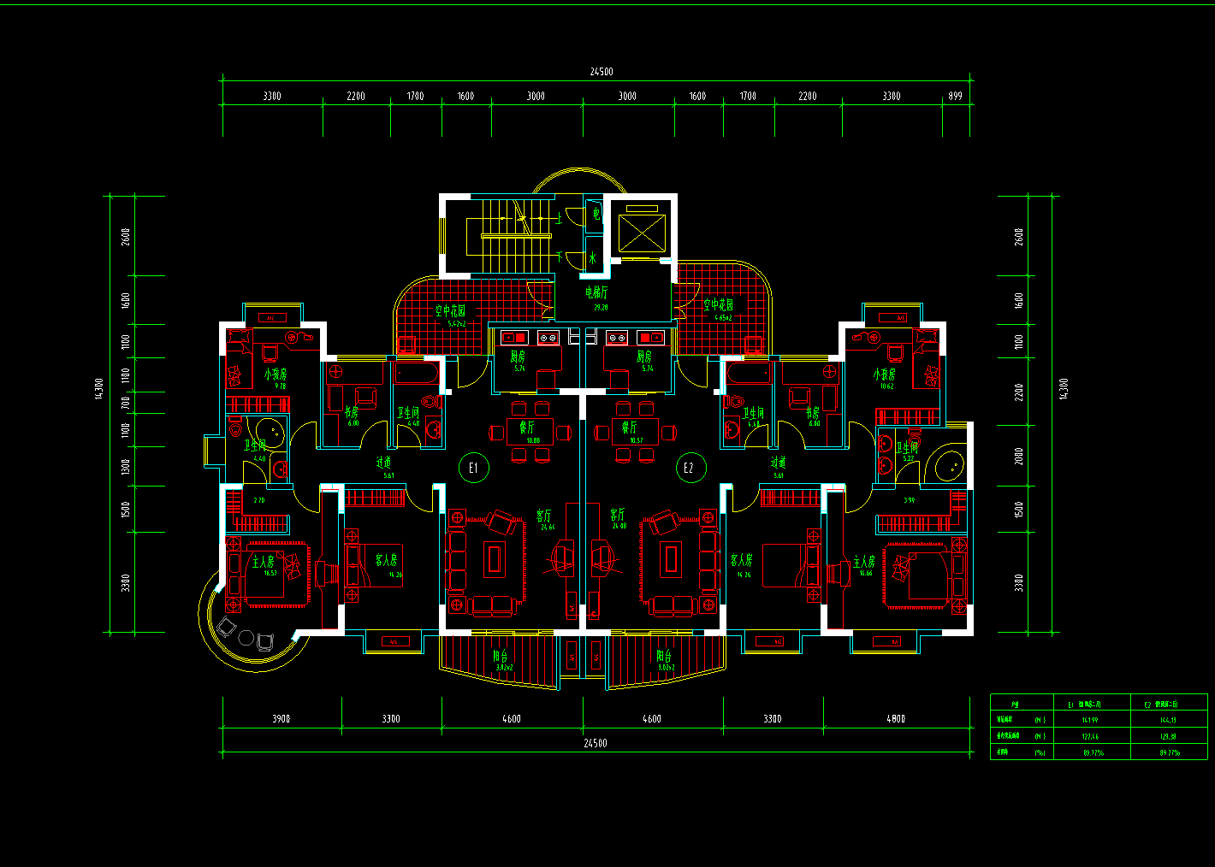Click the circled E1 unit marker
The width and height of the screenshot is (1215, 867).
[x=473, y=467]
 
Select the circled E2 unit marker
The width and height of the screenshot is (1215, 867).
[x=689, y=467]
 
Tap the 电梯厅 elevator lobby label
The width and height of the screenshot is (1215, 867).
[x=596, y=293]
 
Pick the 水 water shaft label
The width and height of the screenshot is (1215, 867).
[x=592, y=257]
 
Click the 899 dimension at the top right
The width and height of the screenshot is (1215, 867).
[x=956, y=96]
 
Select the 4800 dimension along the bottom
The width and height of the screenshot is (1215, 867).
[x=896, y=719]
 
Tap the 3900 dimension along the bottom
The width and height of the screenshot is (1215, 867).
[x=282, y=719]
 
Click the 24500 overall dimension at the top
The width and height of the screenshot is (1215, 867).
[x=601, y=72]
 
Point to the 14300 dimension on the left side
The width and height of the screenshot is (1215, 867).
[x=98, y=388]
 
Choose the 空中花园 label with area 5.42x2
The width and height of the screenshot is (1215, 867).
[x=450, y=311]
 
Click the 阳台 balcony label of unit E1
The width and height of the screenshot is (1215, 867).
[x=501, y=657]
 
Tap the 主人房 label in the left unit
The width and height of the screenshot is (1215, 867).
[x=264, y=562]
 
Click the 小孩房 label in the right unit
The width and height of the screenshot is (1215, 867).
[x=885, y=375]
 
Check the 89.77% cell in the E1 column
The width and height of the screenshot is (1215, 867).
[x=1093, y=753]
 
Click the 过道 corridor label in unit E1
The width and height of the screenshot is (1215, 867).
[x=384, y=463]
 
